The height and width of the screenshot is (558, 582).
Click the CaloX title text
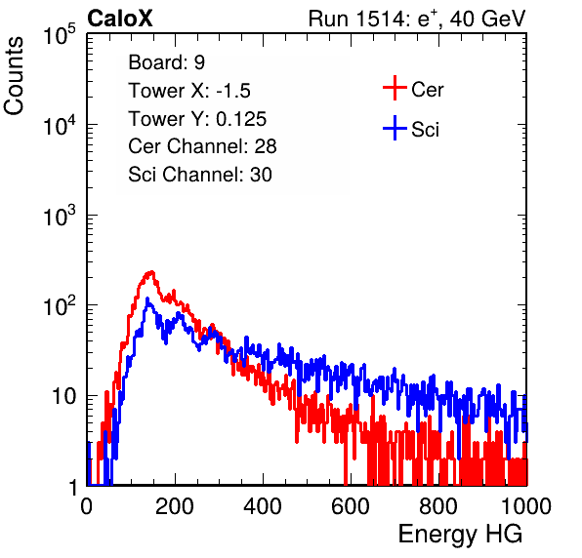tap(119, 19)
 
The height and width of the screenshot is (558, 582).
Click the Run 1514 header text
tap(417, 19)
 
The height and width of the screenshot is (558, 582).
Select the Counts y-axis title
tap(14, 76)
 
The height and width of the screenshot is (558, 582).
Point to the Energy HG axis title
tap(460, 534)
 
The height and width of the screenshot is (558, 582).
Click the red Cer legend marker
tap(395, 88)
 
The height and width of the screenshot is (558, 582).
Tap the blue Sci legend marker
tap(395, 128)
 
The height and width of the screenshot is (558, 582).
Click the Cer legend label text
tap(427, 90)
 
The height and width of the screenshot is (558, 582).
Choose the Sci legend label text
tap(425, 130)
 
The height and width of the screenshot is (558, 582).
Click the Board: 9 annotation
tap(166, 62)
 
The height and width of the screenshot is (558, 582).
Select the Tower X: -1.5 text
tap(189, 91)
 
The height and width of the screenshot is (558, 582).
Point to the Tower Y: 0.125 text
tap(197, 119)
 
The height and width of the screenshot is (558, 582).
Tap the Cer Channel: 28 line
tap(202, 146)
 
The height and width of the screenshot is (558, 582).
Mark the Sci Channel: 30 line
tap(200, 175)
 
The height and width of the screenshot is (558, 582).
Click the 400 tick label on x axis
tap(263, 506)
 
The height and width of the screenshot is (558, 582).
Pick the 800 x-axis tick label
tap(438, 506)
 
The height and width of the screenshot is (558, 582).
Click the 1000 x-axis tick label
tap(526, 506)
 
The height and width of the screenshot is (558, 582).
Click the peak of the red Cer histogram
tap(151, 272)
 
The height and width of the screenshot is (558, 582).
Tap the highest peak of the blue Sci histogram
tap(147, 299)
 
